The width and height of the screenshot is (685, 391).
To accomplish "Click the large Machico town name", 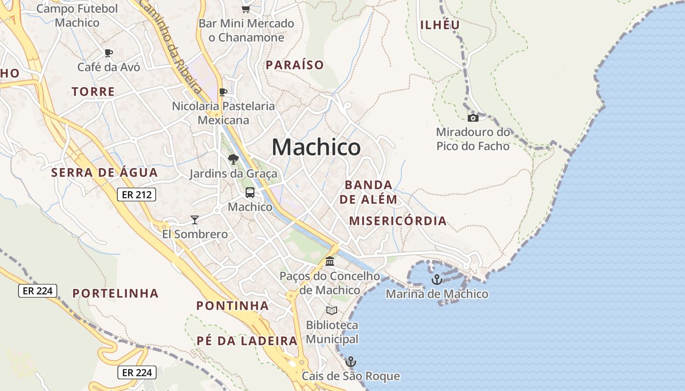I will [316, 147].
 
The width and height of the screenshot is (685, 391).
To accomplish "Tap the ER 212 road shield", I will [137, 195].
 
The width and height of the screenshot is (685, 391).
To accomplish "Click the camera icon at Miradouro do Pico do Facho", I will [473, 118].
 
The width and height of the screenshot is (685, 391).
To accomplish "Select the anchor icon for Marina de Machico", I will [436, 280].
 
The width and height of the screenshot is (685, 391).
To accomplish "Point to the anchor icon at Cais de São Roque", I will [350, 362].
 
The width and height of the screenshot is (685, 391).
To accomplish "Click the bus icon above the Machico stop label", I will [250, 193].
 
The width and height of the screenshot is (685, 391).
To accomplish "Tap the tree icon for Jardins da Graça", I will [233, 159].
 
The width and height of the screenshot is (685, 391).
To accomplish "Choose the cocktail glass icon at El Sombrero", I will [195, 220].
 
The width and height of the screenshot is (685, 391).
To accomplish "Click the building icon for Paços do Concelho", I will [330, 261].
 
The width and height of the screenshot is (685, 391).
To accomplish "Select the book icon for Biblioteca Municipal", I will [332, 310].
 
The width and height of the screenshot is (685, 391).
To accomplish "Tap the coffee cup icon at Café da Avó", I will [109, 53].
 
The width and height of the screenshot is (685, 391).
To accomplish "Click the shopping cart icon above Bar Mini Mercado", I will [246, 9].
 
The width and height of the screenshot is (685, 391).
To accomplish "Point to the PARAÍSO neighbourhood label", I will [295, 65].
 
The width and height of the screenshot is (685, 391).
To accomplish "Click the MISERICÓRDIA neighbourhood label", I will [398, 221].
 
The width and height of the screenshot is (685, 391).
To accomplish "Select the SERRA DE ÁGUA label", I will [105, 173].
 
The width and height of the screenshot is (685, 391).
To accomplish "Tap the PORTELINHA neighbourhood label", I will [116, 293].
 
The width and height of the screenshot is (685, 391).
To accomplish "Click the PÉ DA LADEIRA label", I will [247, 341].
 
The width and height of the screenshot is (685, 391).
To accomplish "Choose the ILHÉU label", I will [440, 25].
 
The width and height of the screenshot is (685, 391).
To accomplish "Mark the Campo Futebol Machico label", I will [77, 16].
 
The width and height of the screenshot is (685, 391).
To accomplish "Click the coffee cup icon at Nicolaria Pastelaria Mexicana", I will [223, 92].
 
